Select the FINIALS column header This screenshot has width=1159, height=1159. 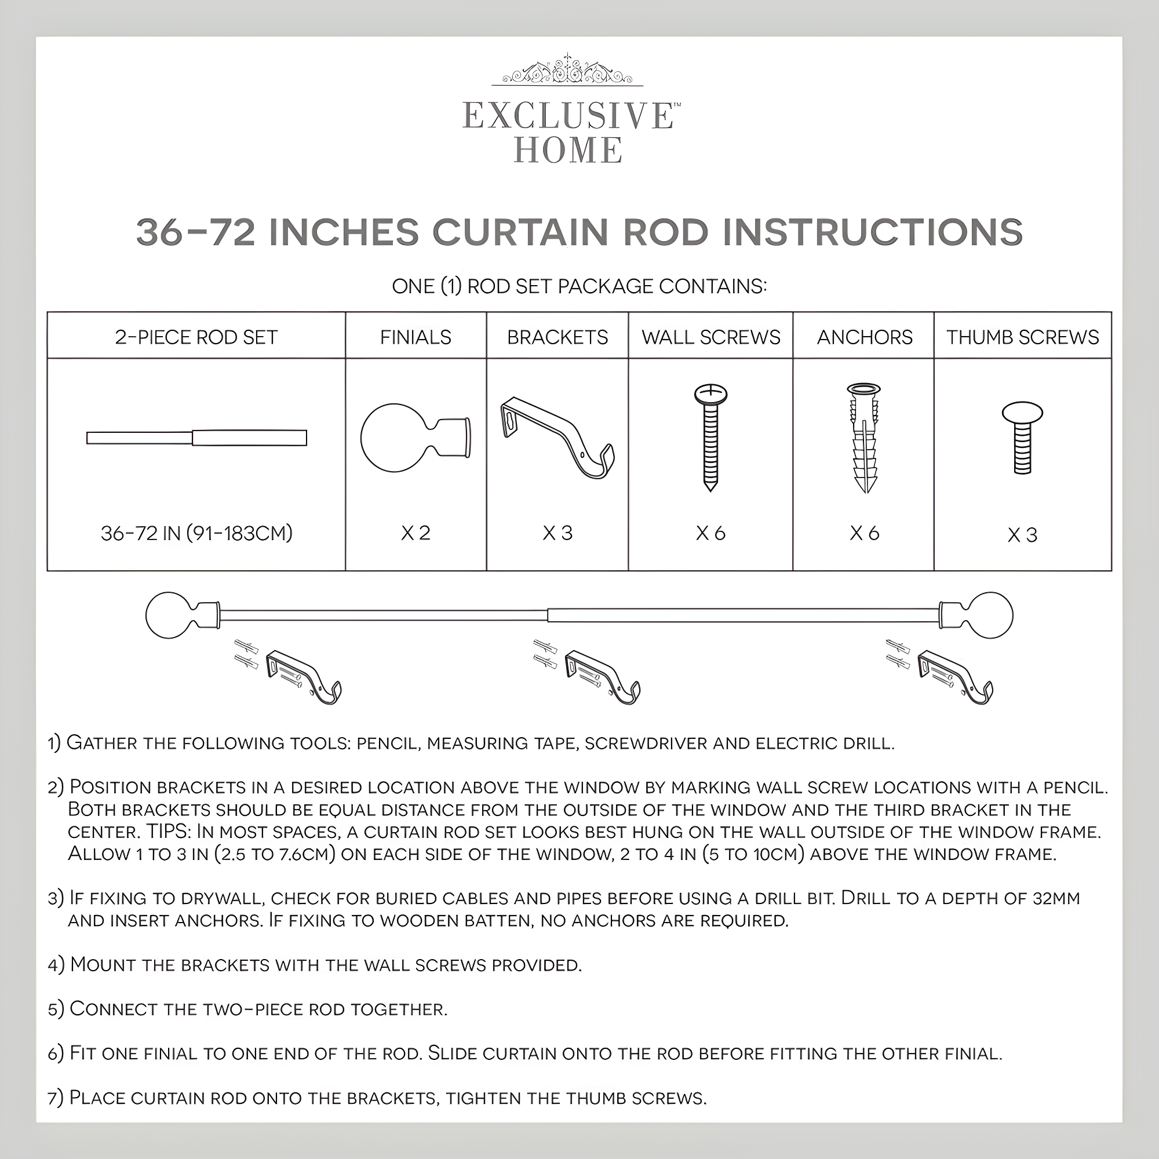415,337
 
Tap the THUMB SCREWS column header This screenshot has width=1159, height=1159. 1022,337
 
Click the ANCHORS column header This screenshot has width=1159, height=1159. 864,337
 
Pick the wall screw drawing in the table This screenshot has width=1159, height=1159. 710,438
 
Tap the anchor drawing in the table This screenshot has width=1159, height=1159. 865,438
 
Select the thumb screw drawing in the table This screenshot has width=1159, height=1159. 1022,438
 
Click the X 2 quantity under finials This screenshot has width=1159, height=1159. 415,533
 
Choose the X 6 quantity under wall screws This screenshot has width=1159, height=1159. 710,533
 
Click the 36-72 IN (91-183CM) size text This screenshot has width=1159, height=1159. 196,533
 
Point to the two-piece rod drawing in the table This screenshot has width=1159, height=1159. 196,438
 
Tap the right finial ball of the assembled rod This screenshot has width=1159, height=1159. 990,615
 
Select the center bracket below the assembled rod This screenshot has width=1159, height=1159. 602,676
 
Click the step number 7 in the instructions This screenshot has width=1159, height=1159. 54,1098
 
